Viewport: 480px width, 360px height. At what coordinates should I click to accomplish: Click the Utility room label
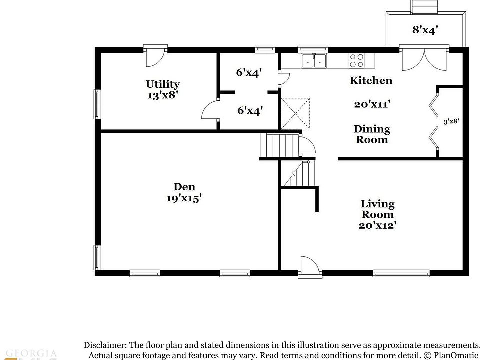tap(163, 84)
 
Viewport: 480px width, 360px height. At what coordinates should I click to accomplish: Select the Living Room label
tap(377, 209)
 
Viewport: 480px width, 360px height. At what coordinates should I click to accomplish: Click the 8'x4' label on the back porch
tap(425, 30)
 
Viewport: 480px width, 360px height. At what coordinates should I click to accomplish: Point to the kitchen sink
tap(314, 61)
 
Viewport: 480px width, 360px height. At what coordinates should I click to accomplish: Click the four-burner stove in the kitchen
tap(357, 61)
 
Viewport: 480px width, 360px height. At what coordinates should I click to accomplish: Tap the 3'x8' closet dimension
tap(451, 121)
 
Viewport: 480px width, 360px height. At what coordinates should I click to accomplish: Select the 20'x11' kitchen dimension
tap(372, 104)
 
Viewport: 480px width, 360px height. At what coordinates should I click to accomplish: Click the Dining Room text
tap(372, 134)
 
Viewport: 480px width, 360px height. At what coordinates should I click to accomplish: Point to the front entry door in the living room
tap(308, 266)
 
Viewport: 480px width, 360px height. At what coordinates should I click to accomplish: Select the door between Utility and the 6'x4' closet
tap(210, 110)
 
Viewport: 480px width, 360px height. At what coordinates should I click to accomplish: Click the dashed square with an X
tap(295, 114)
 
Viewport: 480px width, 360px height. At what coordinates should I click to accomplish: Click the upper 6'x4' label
tap(249, 72)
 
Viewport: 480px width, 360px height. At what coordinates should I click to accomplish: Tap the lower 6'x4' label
tap(250, 110)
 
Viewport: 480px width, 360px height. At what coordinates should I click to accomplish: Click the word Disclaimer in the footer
tap(106, 345)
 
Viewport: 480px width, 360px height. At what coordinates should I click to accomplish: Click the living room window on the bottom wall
tap(401, 273)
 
